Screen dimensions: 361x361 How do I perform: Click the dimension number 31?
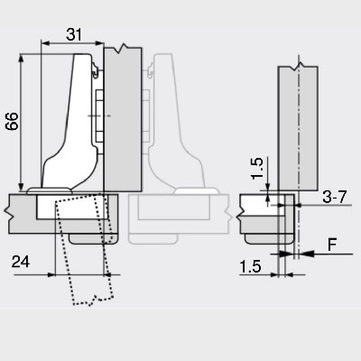tap(74, 35)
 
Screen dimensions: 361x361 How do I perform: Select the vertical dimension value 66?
tap(12, 121)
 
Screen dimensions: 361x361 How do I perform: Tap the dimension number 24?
tap(21, 262)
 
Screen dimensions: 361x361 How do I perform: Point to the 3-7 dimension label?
tap(335, 197)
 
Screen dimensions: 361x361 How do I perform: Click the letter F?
tap(332, 245)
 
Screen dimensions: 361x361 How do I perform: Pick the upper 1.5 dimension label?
tap(257, 169)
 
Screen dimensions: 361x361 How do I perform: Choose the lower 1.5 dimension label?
tap(250, 267)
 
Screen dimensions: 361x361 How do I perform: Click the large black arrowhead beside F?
tap(307, 254)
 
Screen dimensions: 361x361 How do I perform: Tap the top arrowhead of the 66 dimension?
tap(21, 59)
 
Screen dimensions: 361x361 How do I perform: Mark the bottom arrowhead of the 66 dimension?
tap(21, 187)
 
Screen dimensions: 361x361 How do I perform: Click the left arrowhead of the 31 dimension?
tap(45, 43)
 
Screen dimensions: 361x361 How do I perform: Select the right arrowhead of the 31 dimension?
tap(99, 43)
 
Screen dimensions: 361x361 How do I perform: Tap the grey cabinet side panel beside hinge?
tap(123, 119)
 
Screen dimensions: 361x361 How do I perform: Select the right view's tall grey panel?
tap(298, 128)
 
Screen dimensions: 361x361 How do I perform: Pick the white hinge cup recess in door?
tap(72, 207)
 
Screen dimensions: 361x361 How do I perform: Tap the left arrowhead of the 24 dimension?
tap(51, 274)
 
